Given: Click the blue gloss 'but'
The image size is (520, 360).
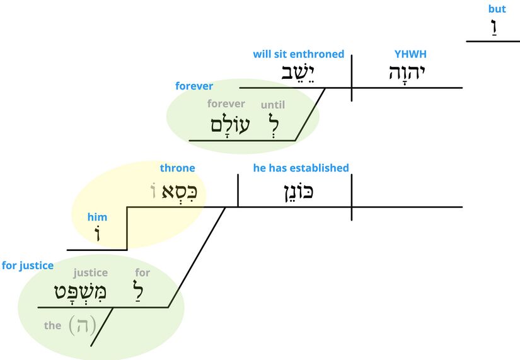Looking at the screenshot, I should click(x=497, y=9).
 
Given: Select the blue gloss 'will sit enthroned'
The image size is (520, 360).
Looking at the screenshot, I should click(x=299, y=55).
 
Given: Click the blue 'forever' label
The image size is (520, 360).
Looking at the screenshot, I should click(x=194, y=86).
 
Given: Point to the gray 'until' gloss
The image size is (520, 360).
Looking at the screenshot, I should click(x=273, y=105).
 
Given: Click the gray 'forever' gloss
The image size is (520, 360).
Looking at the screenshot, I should click(x=226, y=104).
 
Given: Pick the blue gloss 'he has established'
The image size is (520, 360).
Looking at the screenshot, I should click(x=301, y=168).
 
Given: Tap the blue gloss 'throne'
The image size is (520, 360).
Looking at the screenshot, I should click(x=177, y=168).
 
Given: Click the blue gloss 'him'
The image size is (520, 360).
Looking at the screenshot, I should click(x=97, y=218).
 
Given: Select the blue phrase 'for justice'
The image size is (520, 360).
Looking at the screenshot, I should click(x=28, y=265).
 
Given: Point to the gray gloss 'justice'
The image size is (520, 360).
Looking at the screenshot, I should click(x=91, y=273).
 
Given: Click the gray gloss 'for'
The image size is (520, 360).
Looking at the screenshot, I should click(x=142, y=273).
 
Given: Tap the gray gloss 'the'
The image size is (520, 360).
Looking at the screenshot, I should click(x=52, y=326).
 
